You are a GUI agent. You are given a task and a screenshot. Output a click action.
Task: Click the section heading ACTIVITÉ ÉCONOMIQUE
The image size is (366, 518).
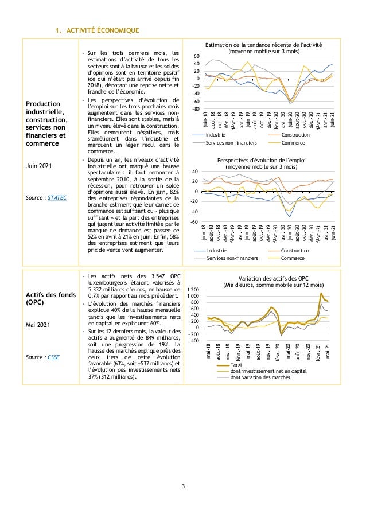[x=100, y=30]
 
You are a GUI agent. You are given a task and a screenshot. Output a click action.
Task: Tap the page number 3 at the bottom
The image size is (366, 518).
[x=183, y=487]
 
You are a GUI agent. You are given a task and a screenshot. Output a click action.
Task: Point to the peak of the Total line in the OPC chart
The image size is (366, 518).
[x=321, y=293]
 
